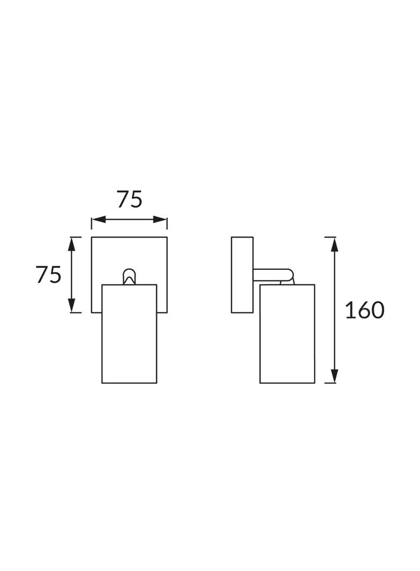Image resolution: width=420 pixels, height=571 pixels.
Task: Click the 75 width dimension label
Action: [x=129, y=200]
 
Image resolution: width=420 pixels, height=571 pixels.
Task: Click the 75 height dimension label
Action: [x=48, y=275]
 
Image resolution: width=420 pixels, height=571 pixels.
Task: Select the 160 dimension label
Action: [x=365, y=310]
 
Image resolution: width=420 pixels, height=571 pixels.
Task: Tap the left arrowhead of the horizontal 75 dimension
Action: [x=99, y=219]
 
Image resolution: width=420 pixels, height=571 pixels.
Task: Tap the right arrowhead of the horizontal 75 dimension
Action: [x=160, y=219]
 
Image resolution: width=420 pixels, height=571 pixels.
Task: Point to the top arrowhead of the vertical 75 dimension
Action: [x=72, y=244]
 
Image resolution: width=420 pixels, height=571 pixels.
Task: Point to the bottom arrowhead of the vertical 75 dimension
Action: [x=72, y=305]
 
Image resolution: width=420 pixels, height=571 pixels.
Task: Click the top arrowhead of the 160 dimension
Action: [x=335, y=244]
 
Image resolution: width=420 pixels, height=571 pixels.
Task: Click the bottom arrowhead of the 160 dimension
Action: [x=335, y=376]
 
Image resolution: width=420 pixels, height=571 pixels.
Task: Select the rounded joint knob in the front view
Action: [x=129, y=276]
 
